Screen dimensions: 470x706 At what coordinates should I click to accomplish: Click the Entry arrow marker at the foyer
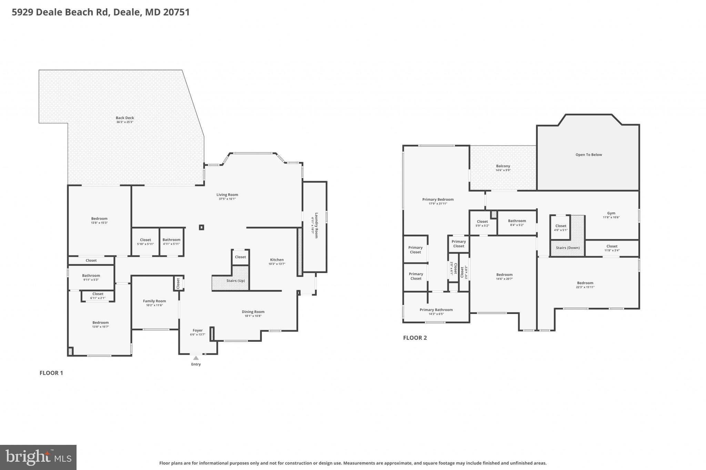click(196, 358)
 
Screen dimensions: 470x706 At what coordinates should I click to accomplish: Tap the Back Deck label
click(125, 118)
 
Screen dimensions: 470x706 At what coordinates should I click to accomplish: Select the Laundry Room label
click(316, 226)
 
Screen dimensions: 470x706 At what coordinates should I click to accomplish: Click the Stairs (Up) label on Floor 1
click(235, 281)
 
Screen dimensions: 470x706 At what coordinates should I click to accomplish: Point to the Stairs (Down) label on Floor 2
click(568, 248)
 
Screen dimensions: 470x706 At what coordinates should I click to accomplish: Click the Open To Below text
click(588, 155)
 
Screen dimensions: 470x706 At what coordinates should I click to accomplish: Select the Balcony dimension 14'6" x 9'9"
click(503, 170)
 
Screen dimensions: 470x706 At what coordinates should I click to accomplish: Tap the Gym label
click(611, 213)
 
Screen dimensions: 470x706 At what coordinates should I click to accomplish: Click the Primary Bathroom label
click(436, 310)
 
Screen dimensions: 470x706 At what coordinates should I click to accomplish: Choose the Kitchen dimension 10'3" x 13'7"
click(277, 264)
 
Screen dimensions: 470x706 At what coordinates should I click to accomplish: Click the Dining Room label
click(253, 312)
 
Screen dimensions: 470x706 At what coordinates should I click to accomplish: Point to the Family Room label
click(154, 301)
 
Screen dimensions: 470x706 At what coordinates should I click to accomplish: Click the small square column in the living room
click(202, 227)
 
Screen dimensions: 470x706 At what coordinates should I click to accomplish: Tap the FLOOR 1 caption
click(51, 373)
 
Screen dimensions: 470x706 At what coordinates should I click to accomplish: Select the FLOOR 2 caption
click(415, 338)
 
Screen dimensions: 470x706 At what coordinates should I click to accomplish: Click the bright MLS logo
click(38, 457)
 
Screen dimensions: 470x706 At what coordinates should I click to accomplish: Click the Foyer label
click(198, 331)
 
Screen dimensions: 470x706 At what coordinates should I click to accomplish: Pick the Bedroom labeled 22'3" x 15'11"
click(585, 283)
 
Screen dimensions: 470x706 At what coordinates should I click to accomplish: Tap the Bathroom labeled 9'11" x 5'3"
click(91, 275)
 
